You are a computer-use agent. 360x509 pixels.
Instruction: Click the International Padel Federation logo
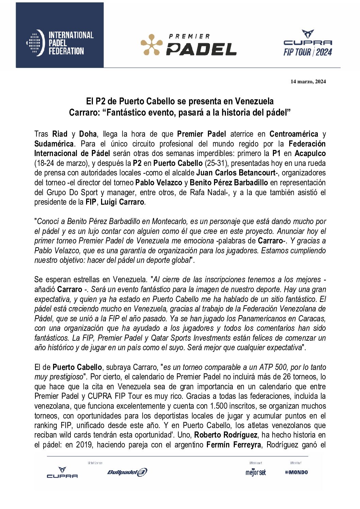pyautogui.click(x=60, y=43)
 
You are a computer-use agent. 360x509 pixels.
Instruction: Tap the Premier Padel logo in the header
pyautogui.click(x=189, y=45)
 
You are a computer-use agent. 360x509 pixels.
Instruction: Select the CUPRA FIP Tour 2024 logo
pyautogui.click(x=308, y=43)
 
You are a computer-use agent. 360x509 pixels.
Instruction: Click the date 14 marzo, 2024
pyautogui.click(x=308, y=82)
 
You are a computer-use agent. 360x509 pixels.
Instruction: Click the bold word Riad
pyautogui.click(x=60, y=134)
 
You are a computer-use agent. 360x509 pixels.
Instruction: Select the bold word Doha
pyautogui.click(x=88, y=134)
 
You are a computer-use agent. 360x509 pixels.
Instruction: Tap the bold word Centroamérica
pyautogui.click(x=294, y=134)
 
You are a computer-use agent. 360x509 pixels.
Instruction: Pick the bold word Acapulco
pyautogui.click(x=310, y=153)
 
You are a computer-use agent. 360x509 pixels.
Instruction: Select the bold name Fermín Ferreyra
pyautogui.click(x=234, y=445)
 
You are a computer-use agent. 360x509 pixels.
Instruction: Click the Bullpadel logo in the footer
pyautogui.click(x=127, y=472)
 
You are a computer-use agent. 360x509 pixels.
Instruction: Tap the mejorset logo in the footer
pyautogui.click(x=256, y=472)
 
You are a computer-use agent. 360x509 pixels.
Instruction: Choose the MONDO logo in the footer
pyautogui.click(x=296, y=472)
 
